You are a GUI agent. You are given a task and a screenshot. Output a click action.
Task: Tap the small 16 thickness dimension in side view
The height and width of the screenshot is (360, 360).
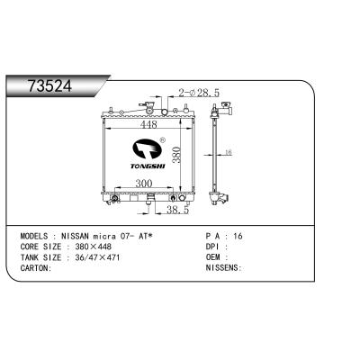(x=229, y=154)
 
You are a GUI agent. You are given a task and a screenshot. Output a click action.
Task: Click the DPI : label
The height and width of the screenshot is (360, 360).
(x=214, y=245)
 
